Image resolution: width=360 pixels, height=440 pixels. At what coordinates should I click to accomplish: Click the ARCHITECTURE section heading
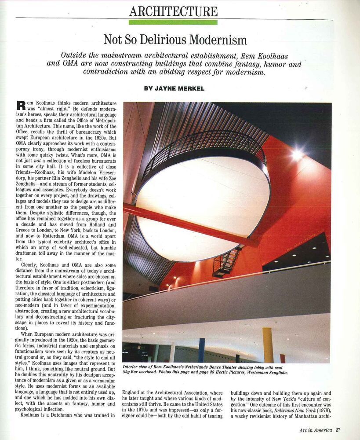173,11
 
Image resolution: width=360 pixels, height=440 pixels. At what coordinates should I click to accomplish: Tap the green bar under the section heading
173,22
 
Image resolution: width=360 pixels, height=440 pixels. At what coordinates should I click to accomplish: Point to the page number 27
337,430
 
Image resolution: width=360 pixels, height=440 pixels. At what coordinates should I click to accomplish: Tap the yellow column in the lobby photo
268,345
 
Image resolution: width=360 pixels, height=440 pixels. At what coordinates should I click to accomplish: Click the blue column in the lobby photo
201,350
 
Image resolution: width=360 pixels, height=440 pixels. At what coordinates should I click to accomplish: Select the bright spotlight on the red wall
298,154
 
